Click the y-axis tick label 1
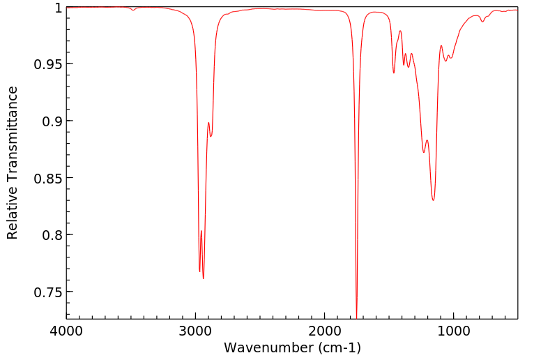(x=56, y=8)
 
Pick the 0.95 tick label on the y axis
(x=47, y=64)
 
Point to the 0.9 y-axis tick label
(x=50, y=121)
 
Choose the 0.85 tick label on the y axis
(x=47, y=178)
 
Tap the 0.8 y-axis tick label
(x=50, y=235)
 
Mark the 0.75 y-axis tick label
(x=47, y=292)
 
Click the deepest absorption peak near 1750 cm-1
(x=356, y=315)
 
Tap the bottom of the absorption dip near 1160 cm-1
(x=433, y=200)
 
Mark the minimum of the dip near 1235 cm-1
(x=423, y=153)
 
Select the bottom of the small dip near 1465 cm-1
(x=394, y=73)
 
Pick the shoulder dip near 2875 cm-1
(x=211, y=136)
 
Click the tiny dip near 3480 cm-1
(x=133, y=10)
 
